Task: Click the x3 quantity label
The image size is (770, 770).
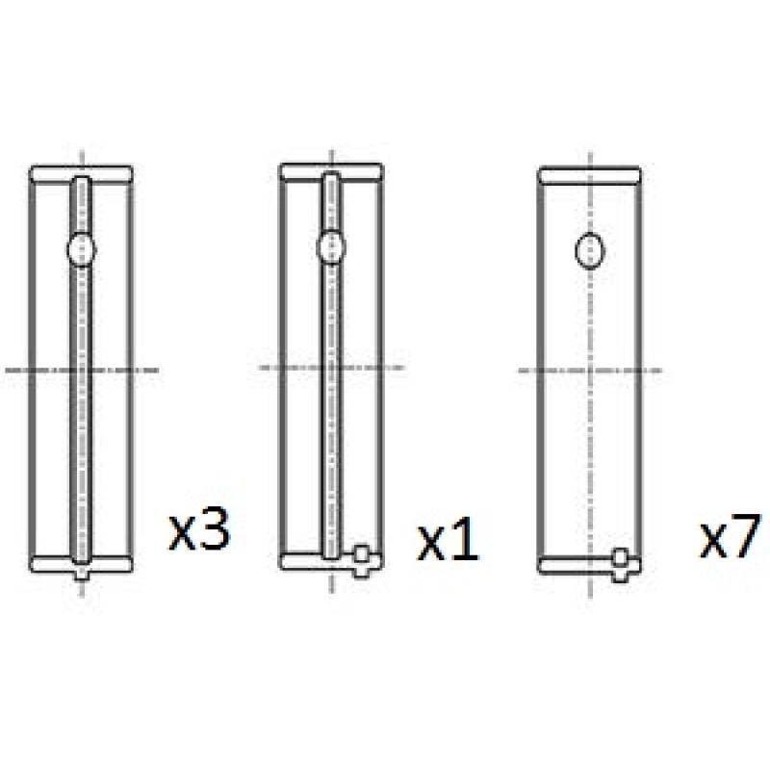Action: coord(199,530)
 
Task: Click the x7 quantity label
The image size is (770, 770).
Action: coord(730,537)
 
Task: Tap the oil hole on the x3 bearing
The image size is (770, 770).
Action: coord(82,249)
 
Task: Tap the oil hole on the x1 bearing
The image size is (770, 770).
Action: coord(331,247)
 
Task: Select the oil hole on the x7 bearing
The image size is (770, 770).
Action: coord(589,251)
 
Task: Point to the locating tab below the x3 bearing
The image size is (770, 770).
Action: coord(82,573)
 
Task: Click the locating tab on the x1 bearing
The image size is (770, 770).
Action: coord(362,561)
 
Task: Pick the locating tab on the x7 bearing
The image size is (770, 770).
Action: coord(620,565)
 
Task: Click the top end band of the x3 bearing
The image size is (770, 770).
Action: coord(81,174)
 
